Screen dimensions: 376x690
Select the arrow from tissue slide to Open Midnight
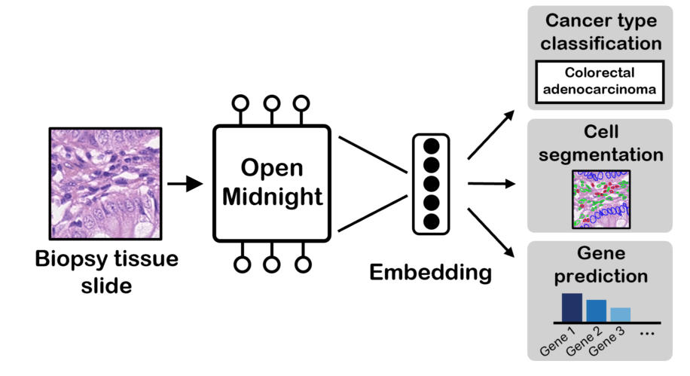tap(185, 183)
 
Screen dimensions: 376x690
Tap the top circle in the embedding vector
tap(432, 146)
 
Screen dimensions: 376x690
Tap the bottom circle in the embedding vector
tap(432, 221)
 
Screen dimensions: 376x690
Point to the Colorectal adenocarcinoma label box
tap(600, 83)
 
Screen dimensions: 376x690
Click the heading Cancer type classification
tap(600, 32)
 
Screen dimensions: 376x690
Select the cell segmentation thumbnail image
tap(600, 200)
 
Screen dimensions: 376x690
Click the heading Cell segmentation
tap(600, 143)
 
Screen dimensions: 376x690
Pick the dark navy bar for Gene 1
tap(572, 307)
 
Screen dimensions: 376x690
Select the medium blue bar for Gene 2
tap(596, 310)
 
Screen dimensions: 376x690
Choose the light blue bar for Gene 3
tap(620, 314)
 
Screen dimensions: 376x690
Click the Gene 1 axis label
tap(559, 340)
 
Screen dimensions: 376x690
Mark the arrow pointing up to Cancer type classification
tap(491, 135)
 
